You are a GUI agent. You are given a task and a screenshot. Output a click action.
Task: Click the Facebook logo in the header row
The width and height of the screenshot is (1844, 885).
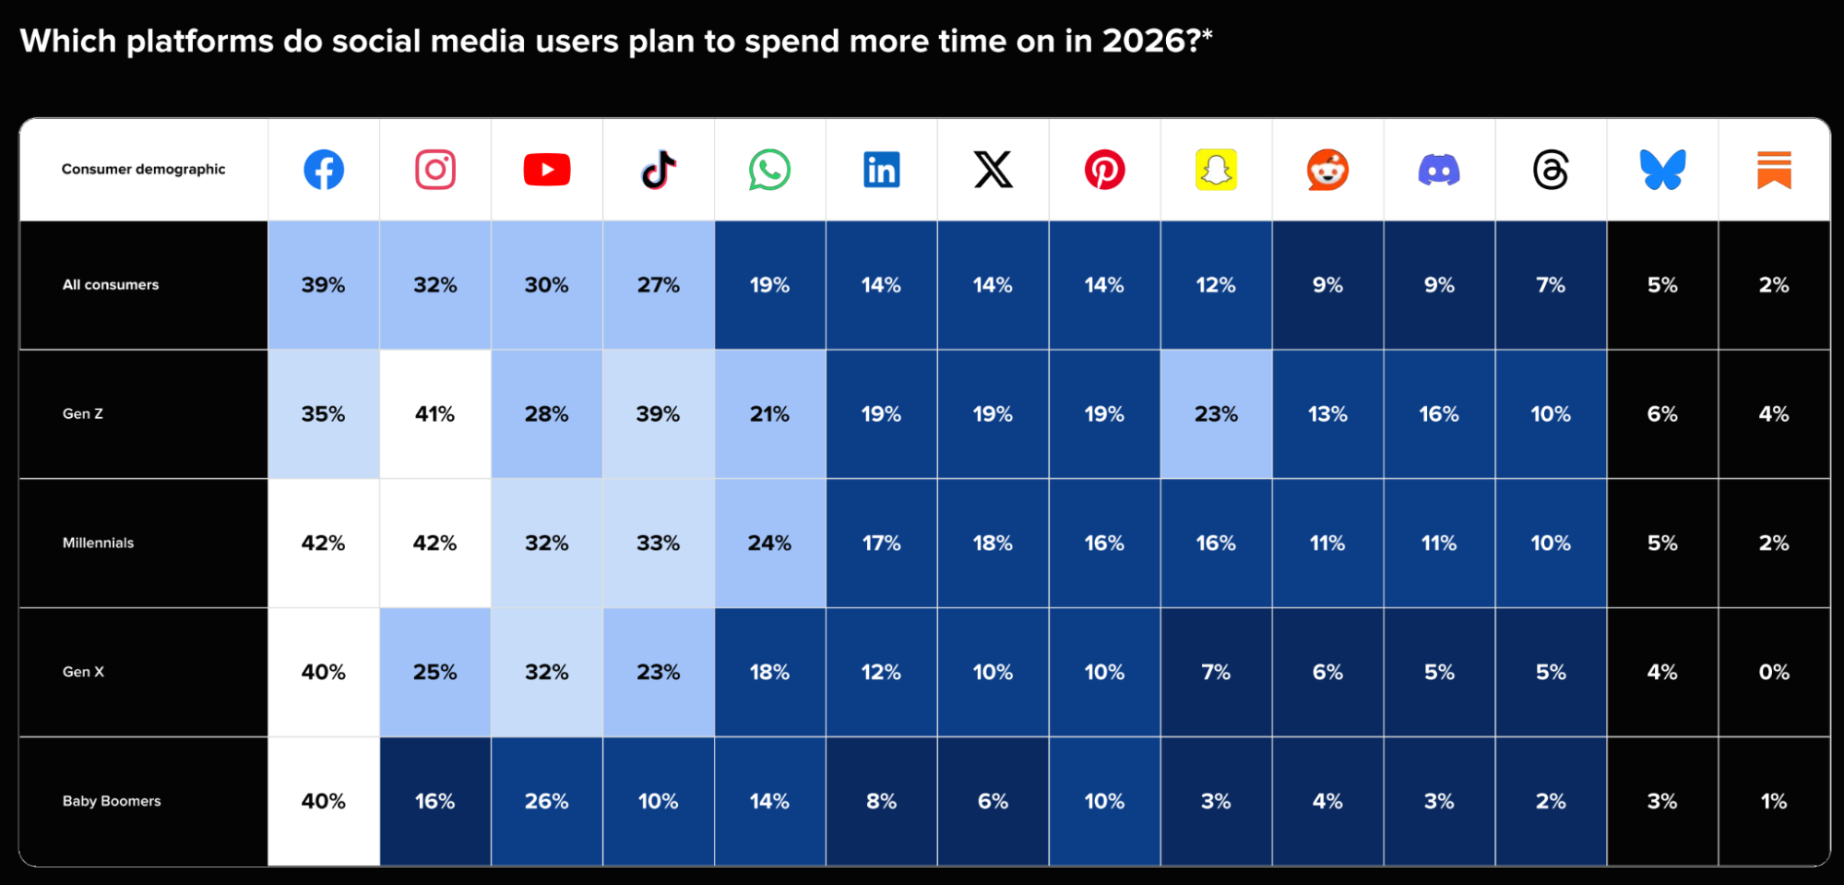point(324,170)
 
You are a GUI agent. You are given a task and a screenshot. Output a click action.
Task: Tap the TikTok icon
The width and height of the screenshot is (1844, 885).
point(659,170)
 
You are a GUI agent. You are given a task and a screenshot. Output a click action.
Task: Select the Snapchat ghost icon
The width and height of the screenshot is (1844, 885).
point(1216,170)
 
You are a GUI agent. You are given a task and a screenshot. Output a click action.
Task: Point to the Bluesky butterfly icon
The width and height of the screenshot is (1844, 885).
point(1662,170)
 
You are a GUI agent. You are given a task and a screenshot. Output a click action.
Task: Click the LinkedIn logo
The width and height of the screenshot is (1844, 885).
point(881,170)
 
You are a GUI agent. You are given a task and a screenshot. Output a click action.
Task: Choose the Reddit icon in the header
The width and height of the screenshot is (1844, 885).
point(1327,170)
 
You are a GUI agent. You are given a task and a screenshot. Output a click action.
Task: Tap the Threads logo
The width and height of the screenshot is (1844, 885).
point(1551,170)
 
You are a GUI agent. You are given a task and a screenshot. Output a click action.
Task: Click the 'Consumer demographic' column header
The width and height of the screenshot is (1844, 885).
point(143,169)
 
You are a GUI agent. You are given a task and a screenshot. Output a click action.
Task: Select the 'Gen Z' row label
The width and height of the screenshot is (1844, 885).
point(83,413)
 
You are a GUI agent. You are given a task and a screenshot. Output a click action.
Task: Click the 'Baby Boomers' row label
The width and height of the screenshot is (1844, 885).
point(112,801)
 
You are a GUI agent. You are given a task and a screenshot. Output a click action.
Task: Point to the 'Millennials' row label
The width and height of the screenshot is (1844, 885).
point(98,543)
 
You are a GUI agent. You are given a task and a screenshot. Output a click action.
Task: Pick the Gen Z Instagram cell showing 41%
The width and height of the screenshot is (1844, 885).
point(434,413)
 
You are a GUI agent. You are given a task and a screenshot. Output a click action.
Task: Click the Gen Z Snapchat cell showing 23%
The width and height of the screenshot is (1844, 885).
point(1216,413)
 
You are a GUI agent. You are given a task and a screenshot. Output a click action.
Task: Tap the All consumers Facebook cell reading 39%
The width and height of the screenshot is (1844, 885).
point(324,285)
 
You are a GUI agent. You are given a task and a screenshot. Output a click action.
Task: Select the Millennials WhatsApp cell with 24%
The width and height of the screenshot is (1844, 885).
point(769,543)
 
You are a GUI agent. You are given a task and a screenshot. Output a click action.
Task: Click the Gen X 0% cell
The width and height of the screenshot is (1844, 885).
point(1774,672)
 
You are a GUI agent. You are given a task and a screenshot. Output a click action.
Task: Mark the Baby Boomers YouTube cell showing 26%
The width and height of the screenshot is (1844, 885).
point(546,801)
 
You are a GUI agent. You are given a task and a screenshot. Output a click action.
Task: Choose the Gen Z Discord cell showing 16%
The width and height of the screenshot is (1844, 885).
point(1439,413)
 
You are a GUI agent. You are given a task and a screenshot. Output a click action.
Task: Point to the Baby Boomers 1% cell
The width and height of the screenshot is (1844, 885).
point(1774,801)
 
